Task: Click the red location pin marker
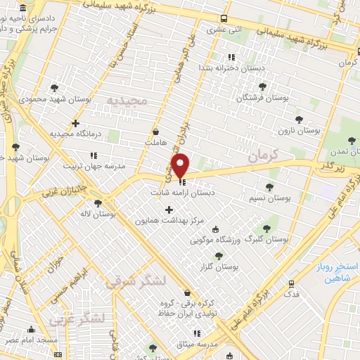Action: click(180, 165)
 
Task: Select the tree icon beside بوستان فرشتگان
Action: click(262, 86)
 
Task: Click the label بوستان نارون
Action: click(299, 130)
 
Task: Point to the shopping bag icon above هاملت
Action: click(155, 131)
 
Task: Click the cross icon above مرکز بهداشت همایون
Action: click(169, 210)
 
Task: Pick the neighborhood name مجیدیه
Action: click(128, 101)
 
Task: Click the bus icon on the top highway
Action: click(224, 19)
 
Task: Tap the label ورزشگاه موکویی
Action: click(225, 240)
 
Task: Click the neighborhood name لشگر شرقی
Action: click(136, 281)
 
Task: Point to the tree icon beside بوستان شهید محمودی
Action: click(55, 88)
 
